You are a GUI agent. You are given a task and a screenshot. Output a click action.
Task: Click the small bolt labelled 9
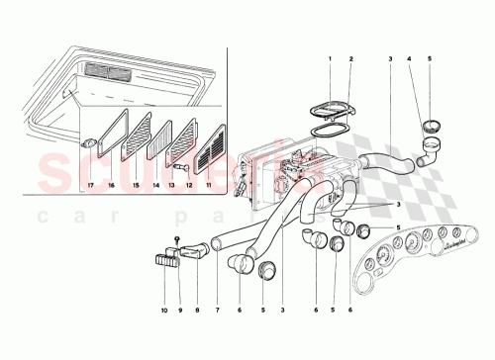pyautogui.click(x=175, y=242)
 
